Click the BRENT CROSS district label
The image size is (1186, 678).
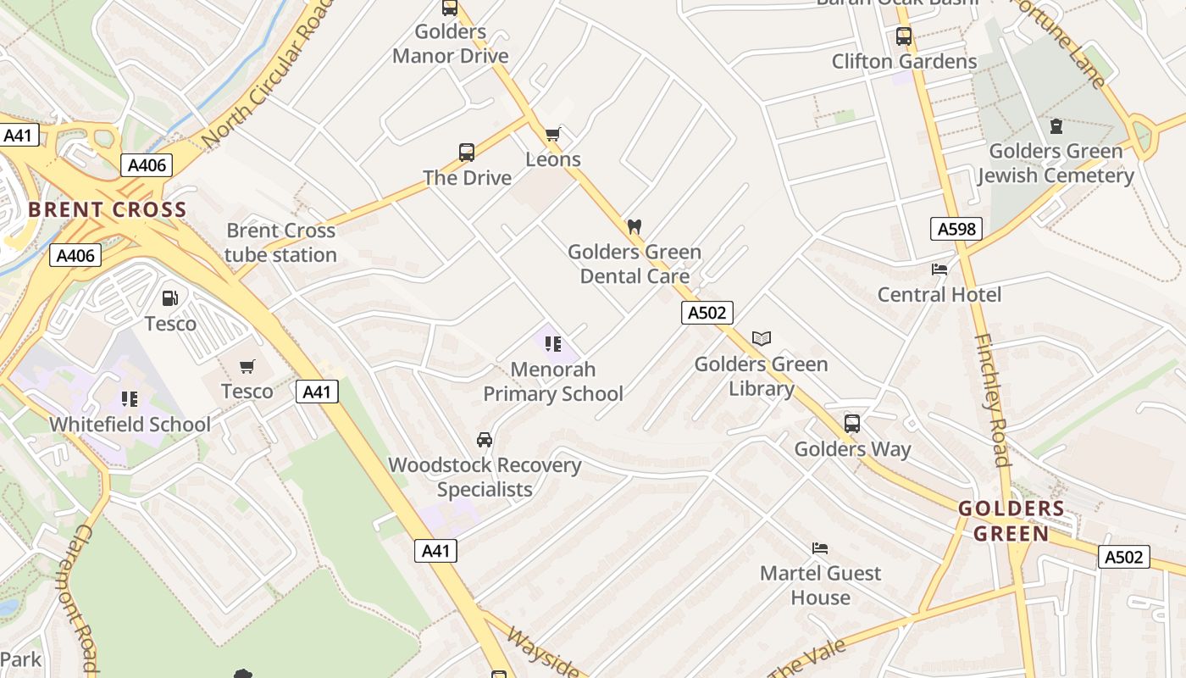click(108, 210)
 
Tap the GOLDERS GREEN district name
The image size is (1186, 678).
click(1011, 521)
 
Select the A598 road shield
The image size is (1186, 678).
click(956, 228)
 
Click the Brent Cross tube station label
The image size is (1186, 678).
click(280, 242)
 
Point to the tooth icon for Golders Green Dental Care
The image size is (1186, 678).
click(634, 227)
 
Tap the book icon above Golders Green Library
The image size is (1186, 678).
click(762, 339)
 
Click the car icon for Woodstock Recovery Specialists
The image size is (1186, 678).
click(485, 440)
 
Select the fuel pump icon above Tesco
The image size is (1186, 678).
click(170, 298)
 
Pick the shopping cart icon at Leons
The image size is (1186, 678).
click(553, 134)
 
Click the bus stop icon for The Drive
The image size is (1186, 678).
click(467, 153)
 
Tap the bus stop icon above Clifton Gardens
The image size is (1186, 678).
click(904, 36)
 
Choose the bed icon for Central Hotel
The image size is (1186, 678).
click(939, 270)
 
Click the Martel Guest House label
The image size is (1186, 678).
click(820, 585)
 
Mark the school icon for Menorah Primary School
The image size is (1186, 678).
click(553, 344)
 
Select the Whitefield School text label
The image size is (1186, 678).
click(130, 425)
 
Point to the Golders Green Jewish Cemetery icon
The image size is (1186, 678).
click(1056, 126)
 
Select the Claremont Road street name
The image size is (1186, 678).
click(83, 597)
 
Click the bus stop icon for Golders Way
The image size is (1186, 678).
click(852, 424)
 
